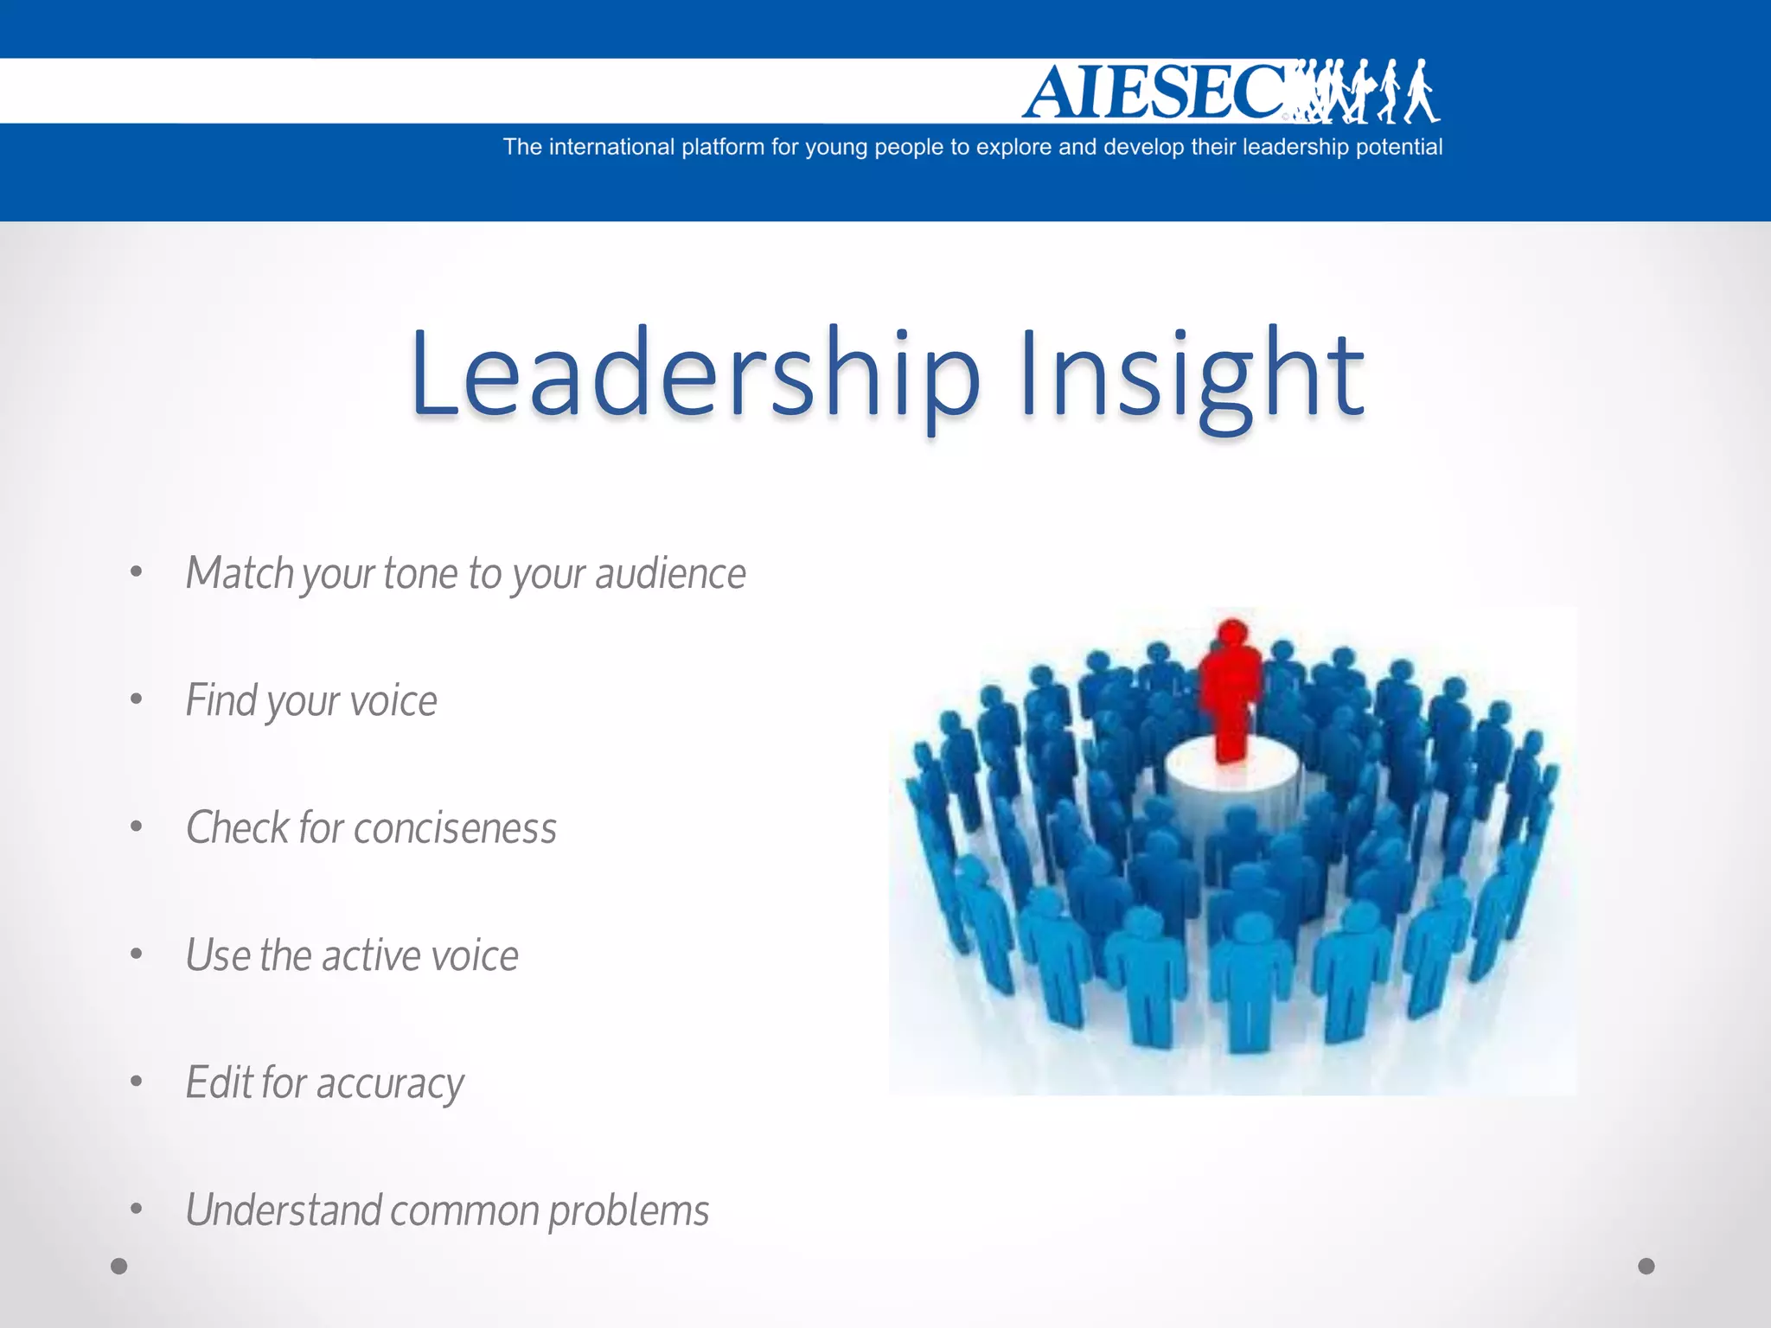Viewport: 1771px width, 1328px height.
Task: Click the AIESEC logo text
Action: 1154,92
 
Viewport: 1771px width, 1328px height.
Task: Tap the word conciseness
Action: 455,828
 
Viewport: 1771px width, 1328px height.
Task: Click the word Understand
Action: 284,1210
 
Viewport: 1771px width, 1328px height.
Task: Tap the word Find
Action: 221,700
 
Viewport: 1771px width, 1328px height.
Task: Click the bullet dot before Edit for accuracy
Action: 136,1082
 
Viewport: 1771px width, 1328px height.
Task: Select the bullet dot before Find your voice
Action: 136,699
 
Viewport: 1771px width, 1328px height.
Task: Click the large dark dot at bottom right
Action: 1646,1267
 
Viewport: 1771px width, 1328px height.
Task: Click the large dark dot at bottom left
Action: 119,1267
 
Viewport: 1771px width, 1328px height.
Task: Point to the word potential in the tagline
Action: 1398,148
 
